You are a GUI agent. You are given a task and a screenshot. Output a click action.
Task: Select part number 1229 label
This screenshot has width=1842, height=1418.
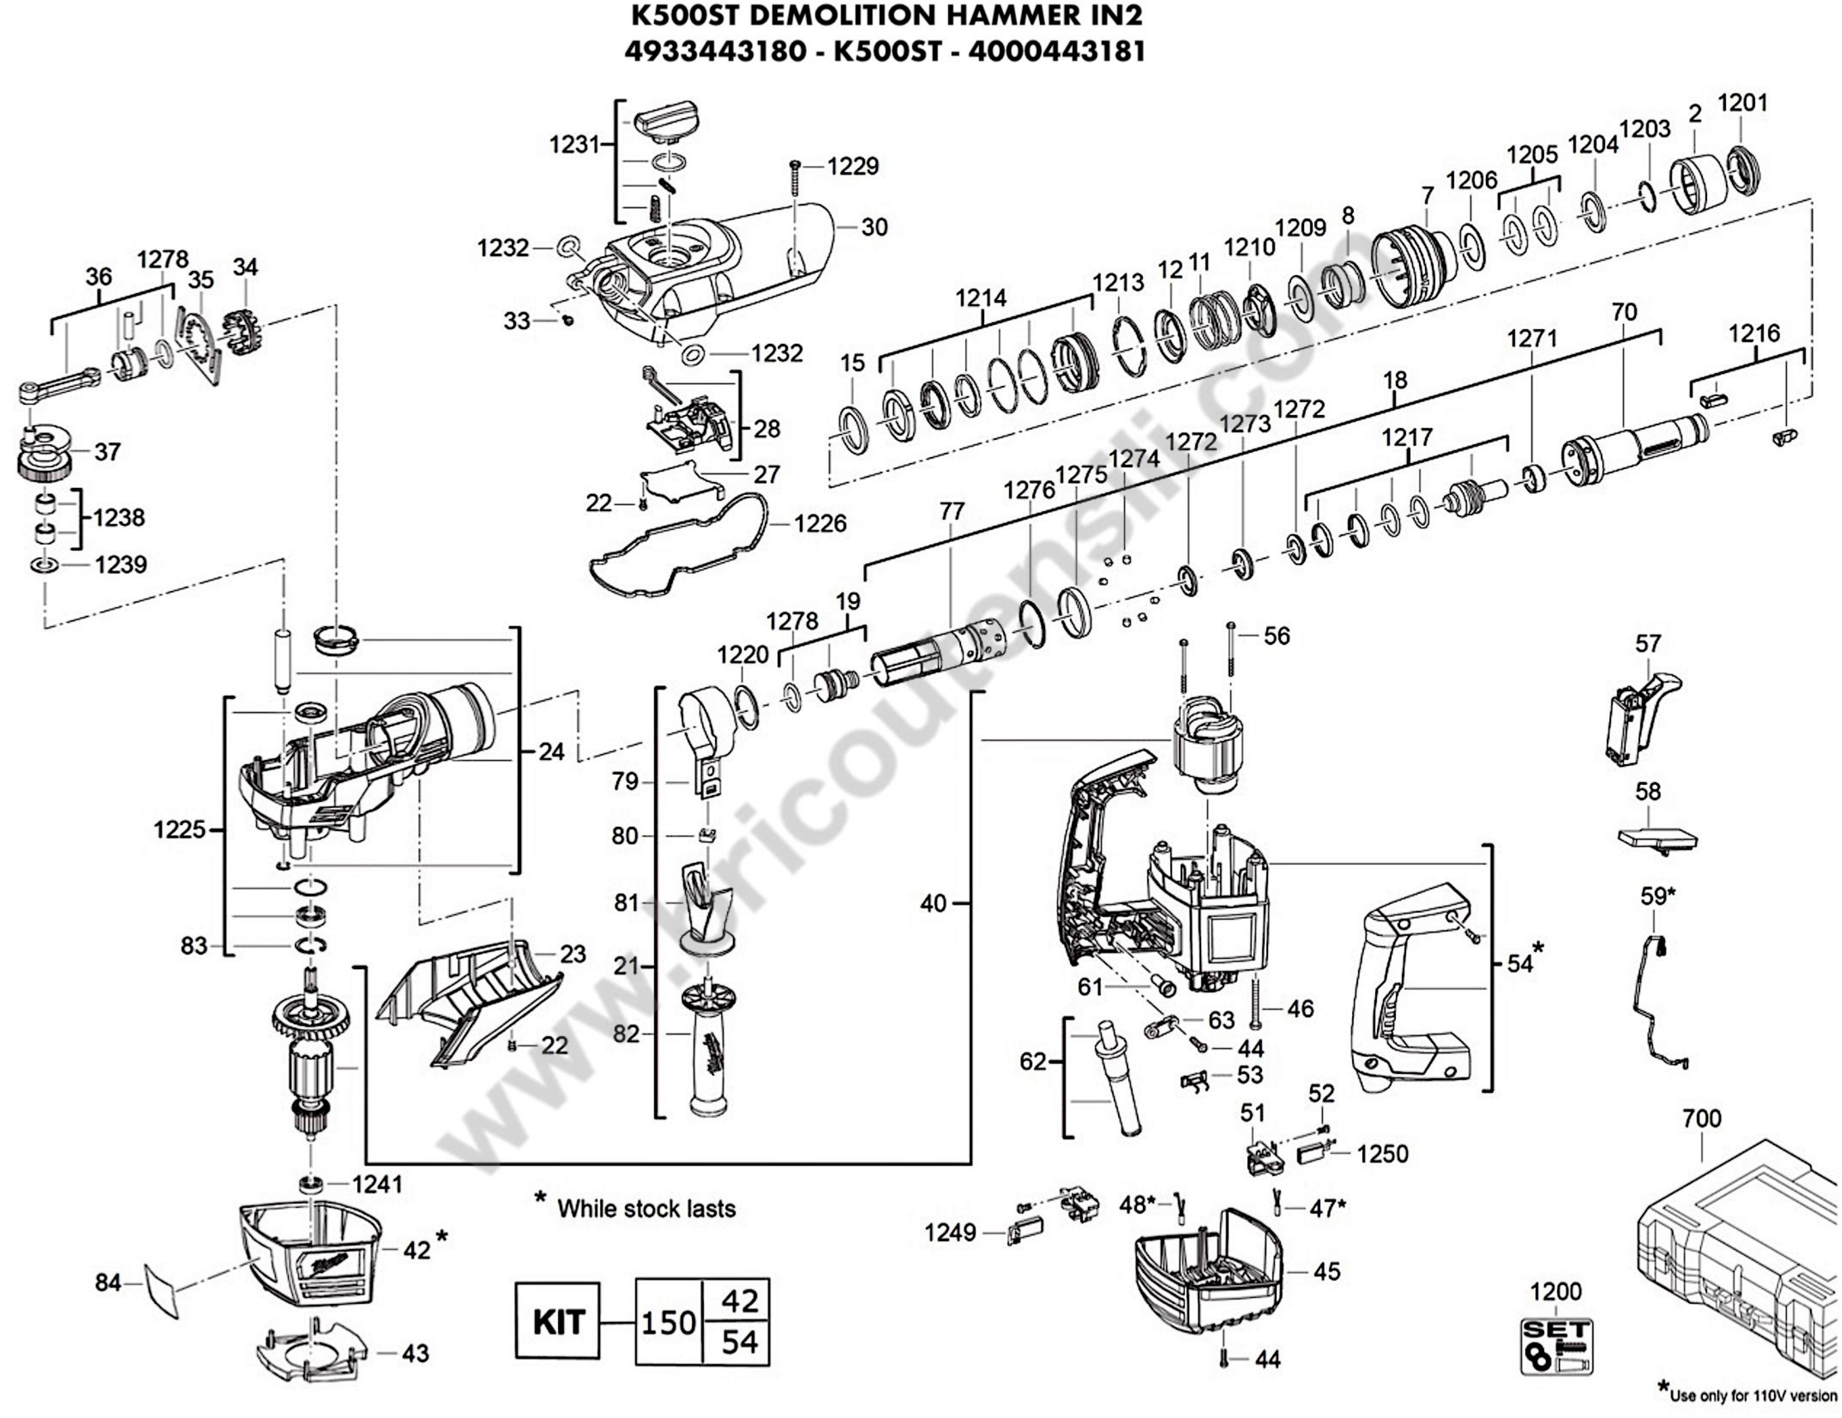pyautogui.click(x=853, y=166)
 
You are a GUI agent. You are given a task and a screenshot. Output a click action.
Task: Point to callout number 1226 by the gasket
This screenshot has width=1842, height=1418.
pyautogui.click(x=820, y=524)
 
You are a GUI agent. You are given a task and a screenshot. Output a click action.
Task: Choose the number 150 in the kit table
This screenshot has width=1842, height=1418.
pyautogui.click(x=668, y=1323)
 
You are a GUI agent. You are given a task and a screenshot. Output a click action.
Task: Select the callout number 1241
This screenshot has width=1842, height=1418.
pyautogui.click(x=377, y=1184)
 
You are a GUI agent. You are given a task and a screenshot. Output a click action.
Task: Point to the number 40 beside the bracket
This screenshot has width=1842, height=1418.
pyautogui.click(x=933, y=904)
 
